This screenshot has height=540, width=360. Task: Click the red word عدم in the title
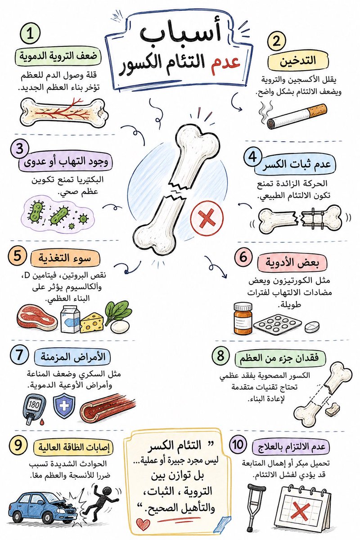pos(225,63)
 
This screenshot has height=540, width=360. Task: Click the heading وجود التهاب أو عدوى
pos(66,162)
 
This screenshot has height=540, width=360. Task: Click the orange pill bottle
pos(243,319)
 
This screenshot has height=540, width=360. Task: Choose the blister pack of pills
pos(278,323)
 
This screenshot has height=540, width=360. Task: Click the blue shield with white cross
pos(64,406)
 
